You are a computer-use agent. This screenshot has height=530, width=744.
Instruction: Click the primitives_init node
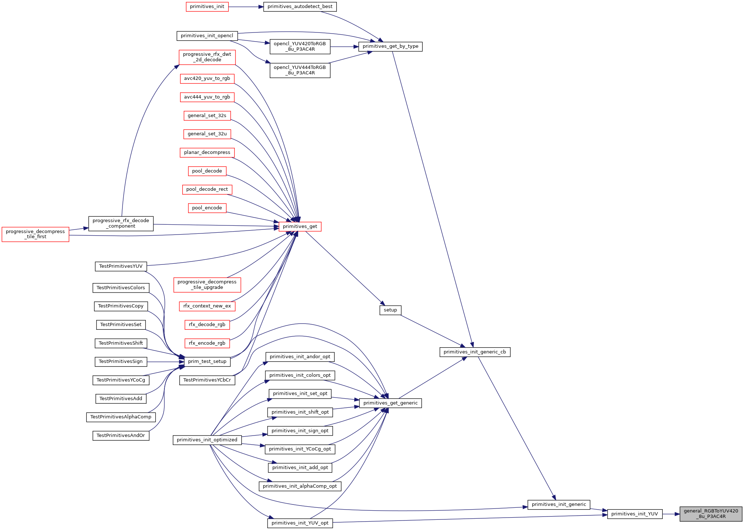pos(207,7)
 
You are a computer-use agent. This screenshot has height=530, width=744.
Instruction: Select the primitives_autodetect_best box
pos(300,7)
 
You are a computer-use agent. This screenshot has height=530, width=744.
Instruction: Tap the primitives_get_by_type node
pos(390,46)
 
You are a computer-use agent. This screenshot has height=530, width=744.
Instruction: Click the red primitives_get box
pos(300,227)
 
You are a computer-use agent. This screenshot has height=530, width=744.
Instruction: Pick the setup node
pos(390,310)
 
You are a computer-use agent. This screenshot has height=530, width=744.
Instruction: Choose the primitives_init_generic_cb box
pos(475,352)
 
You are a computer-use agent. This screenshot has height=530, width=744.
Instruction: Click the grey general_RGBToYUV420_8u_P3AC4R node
pos(711,514)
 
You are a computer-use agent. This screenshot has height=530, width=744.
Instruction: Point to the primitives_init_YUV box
pos(634,514)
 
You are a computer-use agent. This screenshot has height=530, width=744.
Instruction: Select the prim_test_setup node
pos(207,361)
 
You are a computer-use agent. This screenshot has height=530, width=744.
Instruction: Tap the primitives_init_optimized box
pos(207,440)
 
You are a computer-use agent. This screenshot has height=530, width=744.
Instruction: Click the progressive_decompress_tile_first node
pos(35,234)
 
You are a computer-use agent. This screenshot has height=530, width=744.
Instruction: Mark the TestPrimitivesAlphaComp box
pos(121,417)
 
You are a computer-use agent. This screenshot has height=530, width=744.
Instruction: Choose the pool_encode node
pos(207,208)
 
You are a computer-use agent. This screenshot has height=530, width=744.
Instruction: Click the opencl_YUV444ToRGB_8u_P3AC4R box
pos(300,70)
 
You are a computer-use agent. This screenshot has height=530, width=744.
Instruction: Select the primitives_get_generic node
pos(390,403)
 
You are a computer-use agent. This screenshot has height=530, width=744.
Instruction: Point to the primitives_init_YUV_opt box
pos(300,523)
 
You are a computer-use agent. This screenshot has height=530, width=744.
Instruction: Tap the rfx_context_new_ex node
pos(207,306)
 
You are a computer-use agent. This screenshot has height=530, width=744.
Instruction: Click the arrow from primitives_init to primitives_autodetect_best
pos(246,7)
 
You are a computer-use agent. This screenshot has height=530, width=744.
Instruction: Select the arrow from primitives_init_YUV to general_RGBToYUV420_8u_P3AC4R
pos(671,514)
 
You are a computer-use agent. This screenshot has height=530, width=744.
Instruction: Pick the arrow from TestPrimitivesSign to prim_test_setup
pos(165,361)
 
